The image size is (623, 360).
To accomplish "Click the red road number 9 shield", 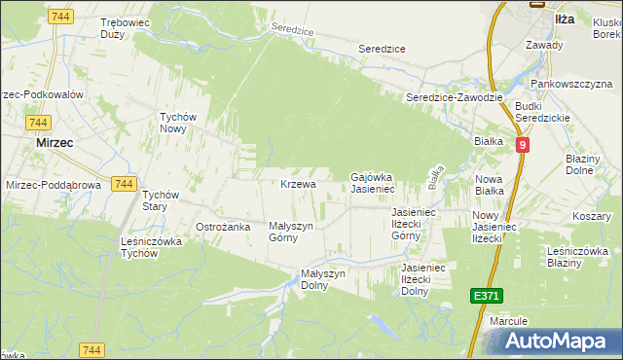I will (x=523, y=145).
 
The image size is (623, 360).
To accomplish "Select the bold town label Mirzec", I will (x=55, y=142).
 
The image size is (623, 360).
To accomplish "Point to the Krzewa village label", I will (x=298, y=184).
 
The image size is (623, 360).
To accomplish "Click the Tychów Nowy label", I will (x=179, y=123).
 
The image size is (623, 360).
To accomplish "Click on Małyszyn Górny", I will (x=291, y=232).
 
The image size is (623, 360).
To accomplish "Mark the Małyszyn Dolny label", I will (x=323, y=280).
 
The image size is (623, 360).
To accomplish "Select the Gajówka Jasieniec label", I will (x=371, y=182).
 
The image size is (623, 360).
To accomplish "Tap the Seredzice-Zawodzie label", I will (x=454, y=98).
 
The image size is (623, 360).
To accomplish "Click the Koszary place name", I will (x=591, y=216).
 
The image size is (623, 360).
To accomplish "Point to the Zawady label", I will (x=543, y=45).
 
